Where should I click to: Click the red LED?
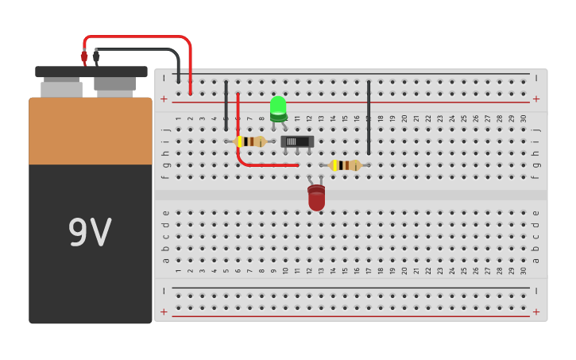pyautogui.click(x=316, y=198)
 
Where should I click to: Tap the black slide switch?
pyautogui.click(x=297, y=141)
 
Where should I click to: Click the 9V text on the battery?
pyautogui.click(x=90, y=233)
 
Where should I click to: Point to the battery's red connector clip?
pyautogui.click(x=84, y=57)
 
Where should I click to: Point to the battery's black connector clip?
pyautogui.click(x=96, y=57)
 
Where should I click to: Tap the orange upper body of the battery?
pyautogui.click(x=90, y=131)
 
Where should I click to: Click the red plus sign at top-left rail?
pyautogui.click(x=164, y=99)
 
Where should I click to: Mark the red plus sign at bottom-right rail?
pyautogui.click(x=535, y=312)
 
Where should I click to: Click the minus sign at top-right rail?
pyautogui.click(x=535, y=78)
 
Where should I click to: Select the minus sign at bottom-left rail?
pyautogui.click(x=164, y=291)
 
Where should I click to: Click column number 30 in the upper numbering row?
pyautogui.click(x=524, y=118)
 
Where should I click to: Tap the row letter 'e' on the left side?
pyautogui.click(x=165, y=212)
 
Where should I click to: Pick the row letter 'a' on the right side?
pyautogui.click(x=535, y=260)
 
